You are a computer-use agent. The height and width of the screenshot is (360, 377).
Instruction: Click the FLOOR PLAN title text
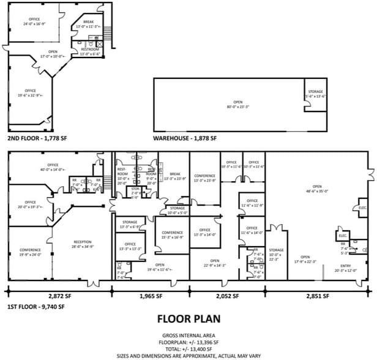pyautogui.click(x=188, y=319)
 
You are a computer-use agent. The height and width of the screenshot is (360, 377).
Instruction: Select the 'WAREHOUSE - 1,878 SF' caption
pyautogui.click(x=185, y=139)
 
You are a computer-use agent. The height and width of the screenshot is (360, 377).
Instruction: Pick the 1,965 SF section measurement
pyautogui.click(x=150, y=296)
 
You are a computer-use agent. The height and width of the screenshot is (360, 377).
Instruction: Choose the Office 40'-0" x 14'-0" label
pyautogui.click(x=53, y=167)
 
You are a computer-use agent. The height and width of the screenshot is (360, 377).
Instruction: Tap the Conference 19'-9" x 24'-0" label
pyautogui.click(x=30, y=252)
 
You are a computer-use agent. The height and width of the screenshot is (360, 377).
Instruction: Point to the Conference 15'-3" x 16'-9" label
pyautogui.click(x=172, y=235)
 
